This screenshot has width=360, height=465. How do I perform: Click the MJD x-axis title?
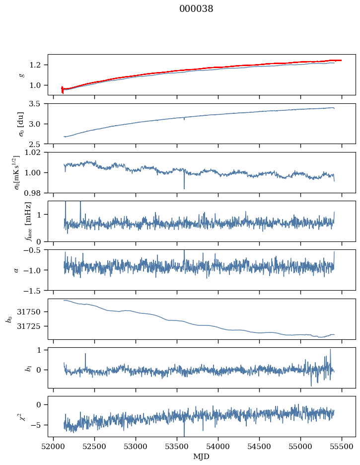[x=202, y=456]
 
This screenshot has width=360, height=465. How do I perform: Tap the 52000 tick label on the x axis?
[x=54, y=446]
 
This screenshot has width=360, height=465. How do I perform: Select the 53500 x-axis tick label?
[x=177, y=446]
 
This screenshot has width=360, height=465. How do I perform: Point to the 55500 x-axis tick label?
[x=342, y=446]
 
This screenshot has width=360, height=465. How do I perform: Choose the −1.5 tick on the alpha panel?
[x=35, y=290]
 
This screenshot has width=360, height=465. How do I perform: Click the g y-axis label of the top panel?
[x=22, y=75]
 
